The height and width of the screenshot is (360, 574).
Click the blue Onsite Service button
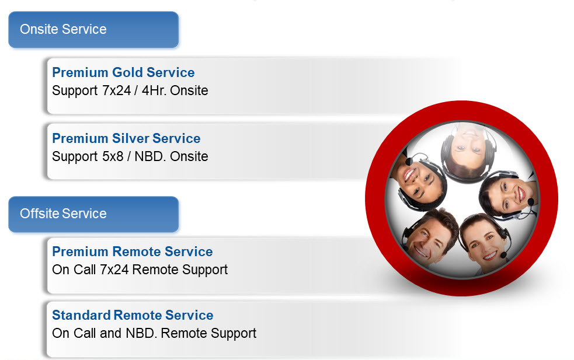click(x=93, y=30)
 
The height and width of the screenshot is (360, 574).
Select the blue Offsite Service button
click(x=93, y=214)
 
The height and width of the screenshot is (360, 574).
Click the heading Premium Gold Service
click(x=123, y=72)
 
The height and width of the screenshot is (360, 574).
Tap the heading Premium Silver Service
click(x=126, y=138)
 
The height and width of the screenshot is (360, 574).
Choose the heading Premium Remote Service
click(x=133, y=251)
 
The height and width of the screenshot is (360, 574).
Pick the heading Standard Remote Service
click(x=133, y=315)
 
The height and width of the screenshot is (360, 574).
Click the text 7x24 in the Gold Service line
click(x=116, y=90)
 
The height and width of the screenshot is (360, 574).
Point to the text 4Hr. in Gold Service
click(x=154, y=90)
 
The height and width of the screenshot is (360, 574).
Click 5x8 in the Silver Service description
click(x=113, y=156)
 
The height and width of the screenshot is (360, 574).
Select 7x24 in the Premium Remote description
click(x=114, y=270)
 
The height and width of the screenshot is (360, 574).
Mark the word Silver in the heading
click(x=131, y=138)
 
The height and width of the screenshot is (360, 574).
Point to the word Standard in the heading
click(x=81, y=315)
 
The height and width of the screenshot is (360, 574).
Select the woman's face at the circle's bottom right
click(x=484, y=243)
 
